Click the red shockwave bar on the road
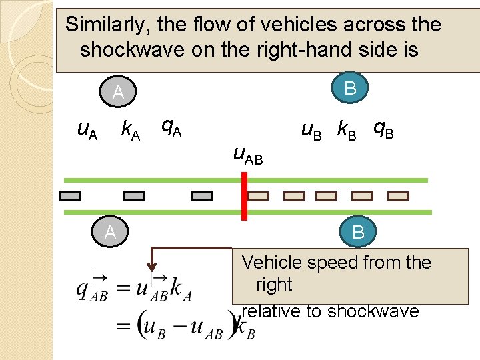[244, 195]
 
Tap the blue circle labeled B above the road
[351, 88]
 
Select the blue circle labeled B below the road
[358, 232]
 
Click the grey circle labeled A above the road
[117, 93]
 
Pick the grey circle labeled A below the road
[110, 231]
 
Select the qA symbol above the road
[171, 126]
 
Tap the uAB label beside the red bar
[247, 155]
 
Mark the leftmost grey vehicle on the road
[70, 196]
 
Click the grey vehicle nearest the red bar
[202, 196]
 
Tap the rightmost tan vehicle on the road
[398, 196]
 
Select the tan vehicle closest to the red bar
[259, 196]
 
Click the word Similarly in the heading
[107, 25]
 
